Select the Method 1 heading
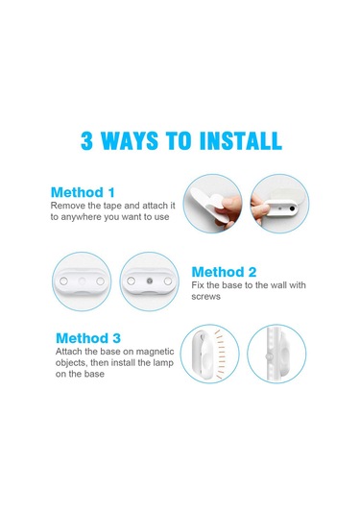(x=87, y=191)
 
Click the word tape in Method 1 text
(x=117, y=205)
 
